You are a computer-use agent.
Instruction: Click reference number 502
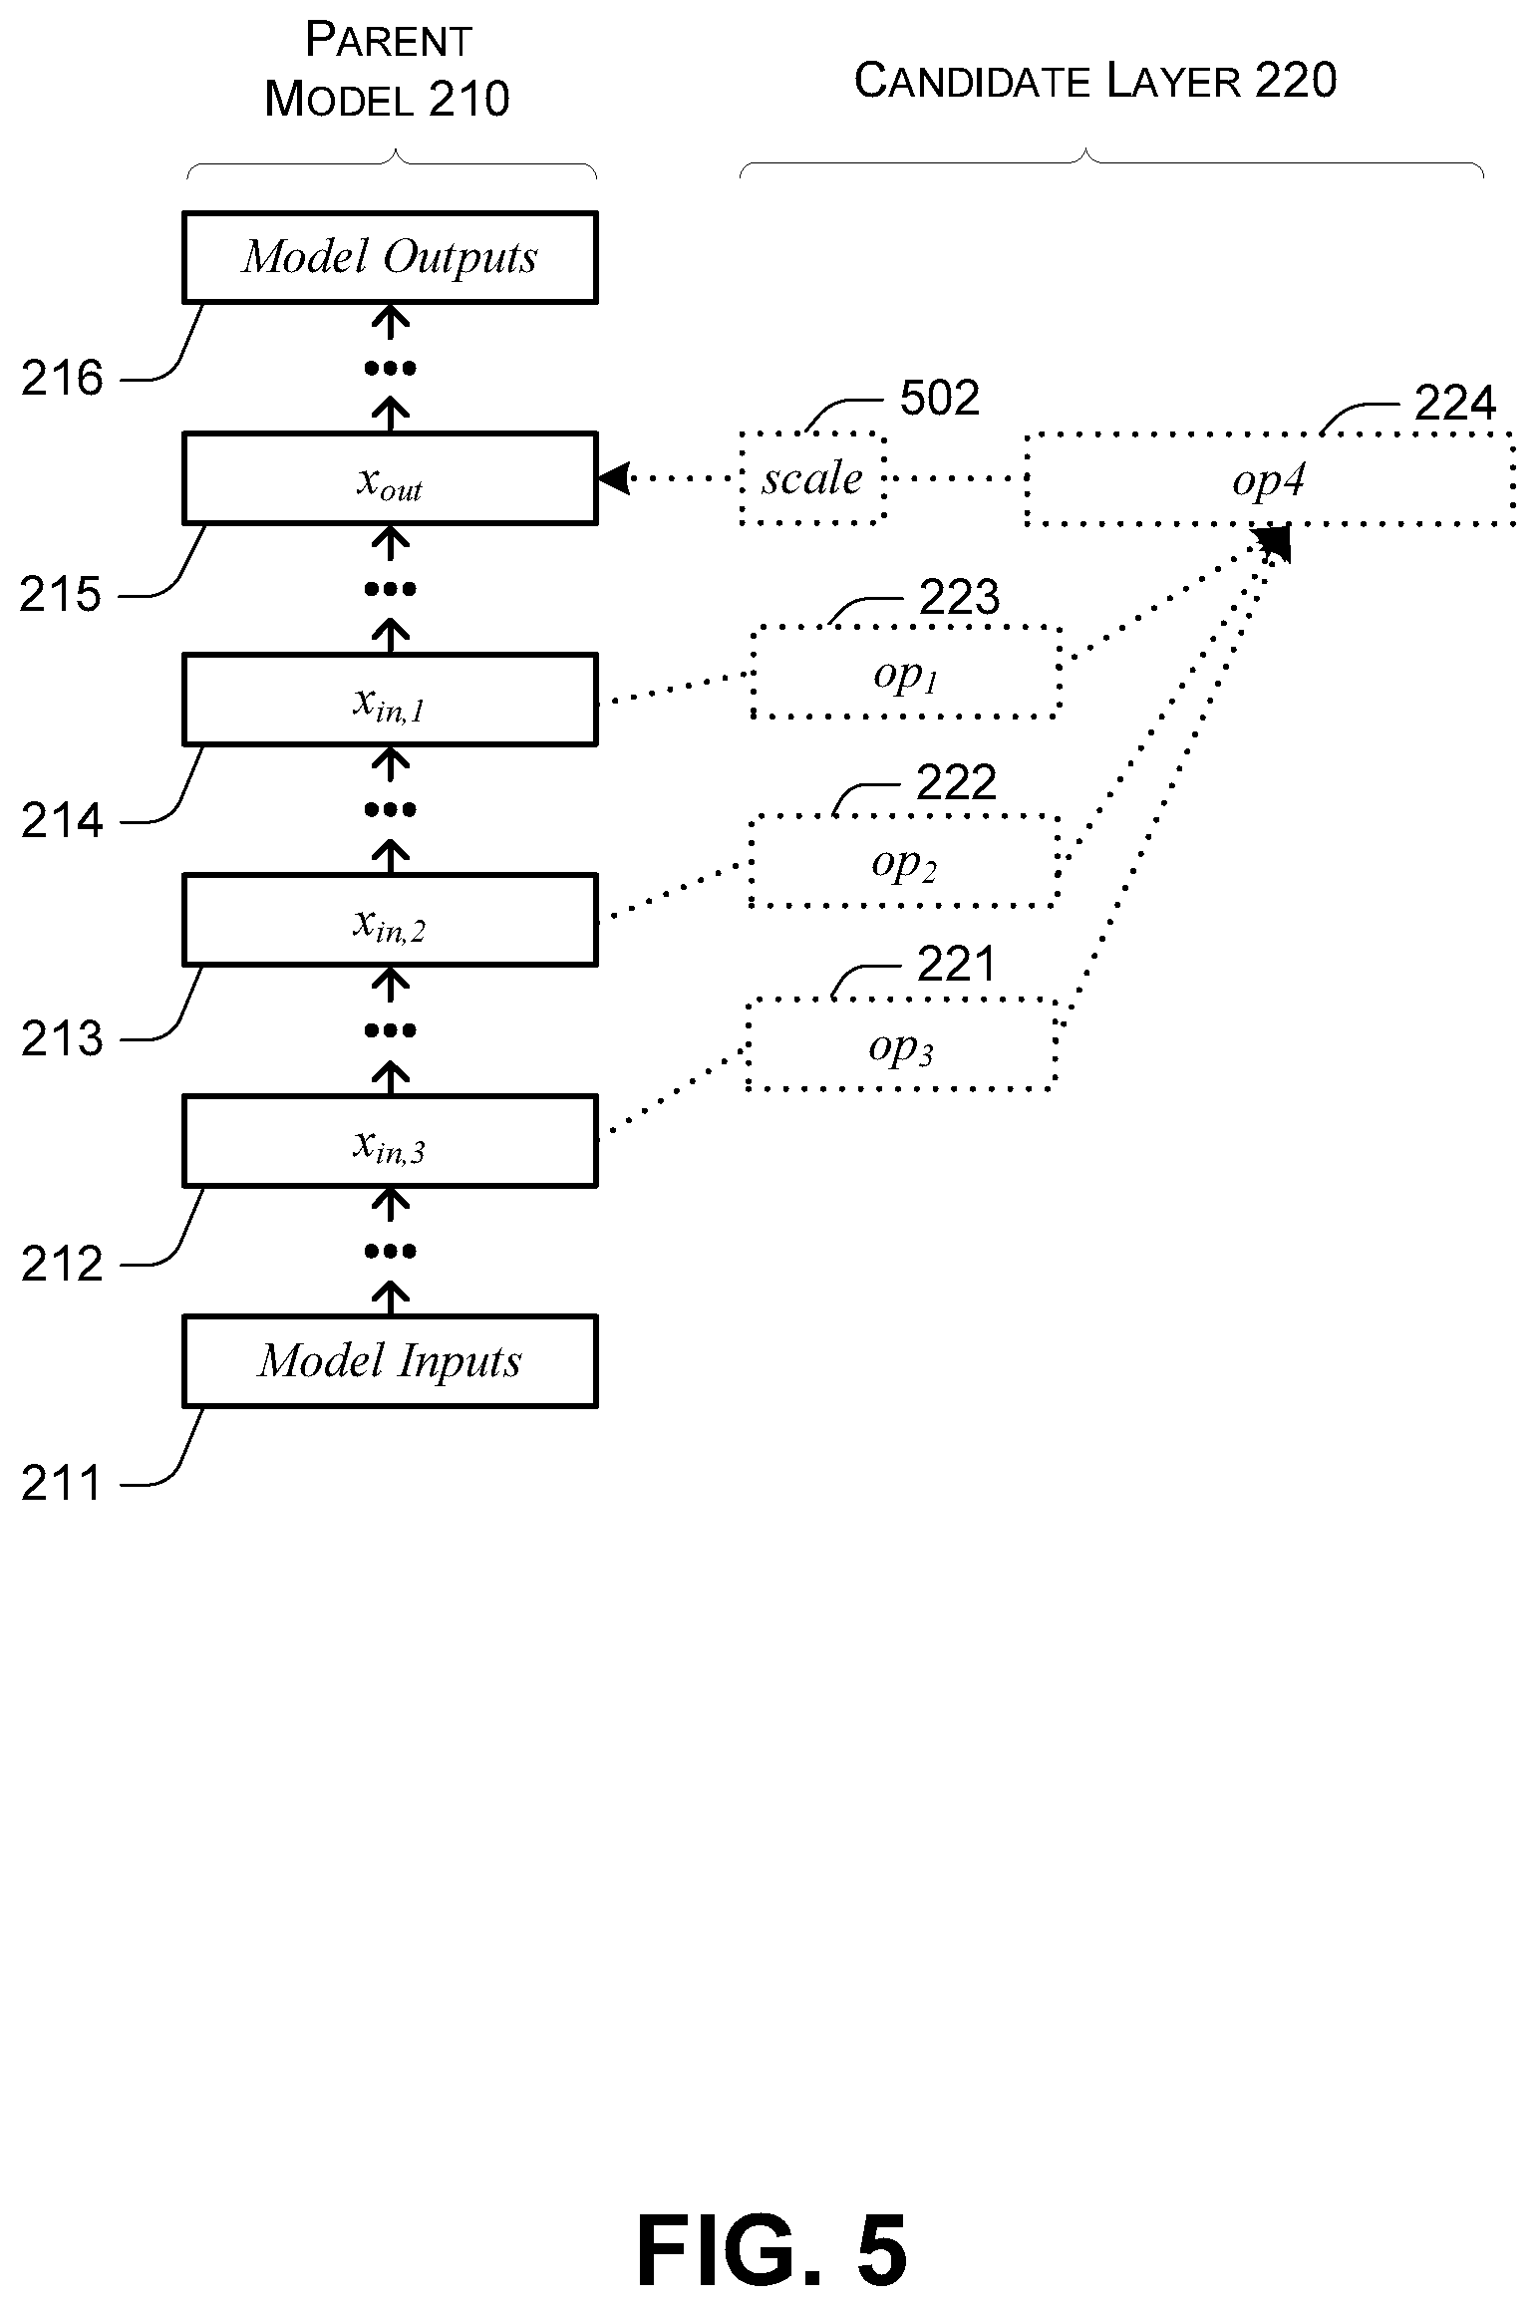pos(940,399)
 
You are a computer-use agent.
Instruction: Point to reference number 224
pos(1455,404)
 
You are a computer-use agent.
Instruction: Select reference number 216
pos(62,379)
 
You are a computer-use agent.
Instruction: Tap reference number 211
pos(62,1484)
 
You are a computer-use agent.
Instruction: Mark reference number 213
pos(62,1039)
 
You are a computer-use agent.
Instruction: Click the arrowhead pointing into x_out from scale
pos(612,478)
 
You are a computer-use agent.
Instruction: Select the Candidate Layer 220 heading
pos(1095,80)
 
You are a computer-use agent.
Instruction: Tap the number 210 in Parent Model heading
pos(468,99)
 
